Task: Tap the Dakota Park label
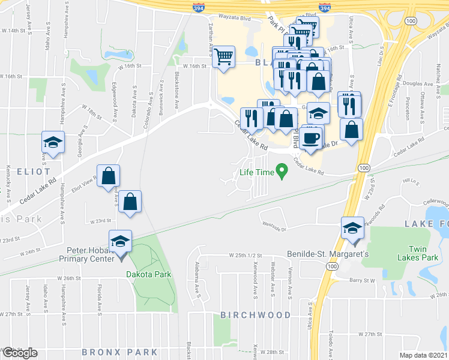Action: click(x=149, y=274)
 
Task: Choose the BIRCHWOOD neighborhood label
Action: click(x=255, y=314)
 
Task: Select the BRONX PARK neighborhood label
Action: click(x=119, y=352)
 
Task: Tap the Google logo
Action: click(x=20, y=352)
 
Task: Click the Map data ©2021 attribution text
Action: click(x=424, y=355)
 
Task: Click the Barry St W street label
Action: click(x=363, y=280)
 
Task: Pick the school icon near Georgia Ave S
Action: click(x=53, y=143)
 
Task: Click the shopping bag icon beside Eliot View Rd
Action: click(x=109, y=176)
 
